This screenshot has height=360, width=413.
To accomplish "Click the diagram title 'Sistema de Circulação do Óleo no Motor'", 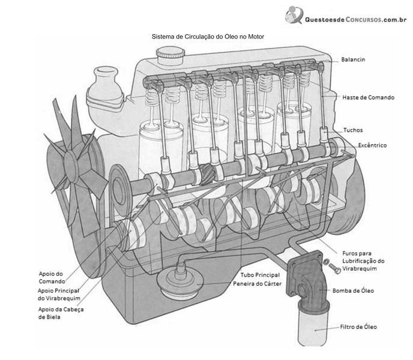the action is pos(208,37).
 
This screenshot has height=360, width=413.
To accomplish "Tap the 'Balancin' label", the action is pos(353,59).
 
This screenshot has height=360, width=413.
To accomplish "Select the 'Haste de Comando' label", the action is pos(368,97).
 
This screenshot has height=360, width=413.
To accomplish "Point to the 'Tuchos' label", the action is pos(353,130).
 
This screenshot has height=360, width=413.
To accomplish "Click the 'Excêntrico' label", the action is pos(372,145).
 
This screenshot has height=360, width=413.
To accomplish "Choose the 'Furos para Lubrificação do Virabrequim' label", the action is pos(363,261).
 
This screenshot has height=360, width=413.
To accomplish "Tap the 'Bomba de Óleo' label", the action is pos(353,291).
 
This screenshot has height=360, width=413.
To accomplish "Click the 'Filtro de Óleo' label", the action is pos(358,327).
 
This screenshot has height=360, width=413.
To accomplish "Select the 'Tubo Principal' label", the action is pos(260,275).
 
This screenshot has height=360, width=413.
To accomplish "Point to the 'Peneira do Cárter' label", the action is pos(257,284).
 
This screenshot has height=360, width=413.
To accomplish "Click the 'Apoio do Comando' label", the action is pos(52,278).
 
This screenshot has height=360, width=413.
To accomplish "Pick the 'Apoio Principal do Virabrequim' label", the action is pos(59,295).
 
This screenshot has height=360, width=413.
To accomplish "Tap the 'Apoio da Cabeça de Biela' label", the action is pos(61,313).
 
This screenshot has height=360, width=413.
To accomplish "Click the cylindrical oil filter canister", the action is pos(313,325).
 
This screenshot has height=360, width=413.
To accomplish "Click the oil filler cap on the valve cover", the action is pos(170,55).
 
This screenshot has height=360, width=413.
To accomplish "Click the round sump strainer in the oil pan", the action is pos(180,283).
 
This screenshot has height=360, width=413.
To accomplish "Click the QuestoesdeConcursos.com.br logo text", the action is pos(355,19).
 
